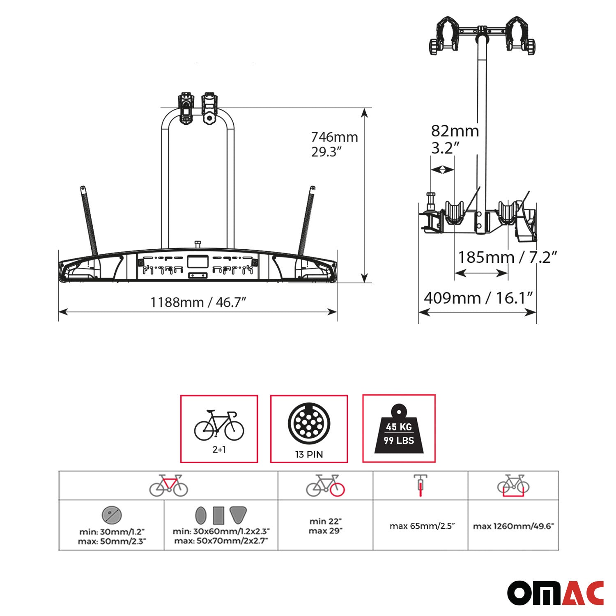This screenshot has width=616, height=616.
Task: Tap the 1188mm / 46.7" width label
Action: (x=198, y=302)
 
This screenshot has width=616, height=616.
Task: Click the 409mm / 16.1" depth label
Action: (x=478, y=298)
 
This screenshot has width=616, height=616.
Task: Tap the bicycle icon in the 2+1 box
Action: (x=219, y=425)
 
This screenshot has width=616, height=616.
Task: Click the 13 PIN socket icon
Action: (x=309, y=424)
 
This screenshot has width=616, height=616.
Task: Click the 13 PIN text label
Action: (x=309, y=454)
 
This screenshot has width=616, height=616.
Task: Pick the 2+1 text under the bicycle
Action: (x=219, y=450)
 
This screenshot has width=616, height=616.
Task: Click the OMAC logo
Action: (x=555, y=593)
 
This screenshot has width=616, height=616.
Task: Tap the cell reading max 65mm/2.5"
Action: (x=420, y=526)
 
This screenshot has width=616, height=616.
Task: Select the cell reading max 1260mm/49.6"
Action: (x=513, y=526)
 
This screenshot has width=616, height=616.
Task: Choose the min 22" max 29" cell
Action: (x=325, y=526)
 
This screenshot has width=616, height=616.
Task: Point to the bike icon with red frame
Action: (x=168, y=485)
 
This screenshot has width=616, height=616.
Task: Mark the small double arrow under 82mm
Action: (x=442, y=170)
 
